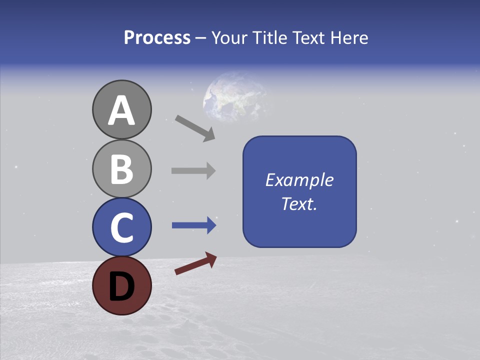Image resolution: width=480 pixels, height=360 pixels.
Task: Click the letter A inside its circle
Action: coord(121,111)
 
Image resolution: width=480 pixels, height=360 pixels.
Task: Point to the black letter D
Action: coord(121,286)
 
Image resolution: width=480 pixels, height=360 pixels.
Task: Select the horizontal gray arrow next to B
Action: coord(193,170)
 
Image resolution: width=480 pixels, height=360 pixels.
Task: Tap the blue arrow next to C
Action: coord(193,225)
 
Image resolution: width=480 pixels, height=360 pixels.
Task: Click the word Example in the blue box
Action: coord(299,180)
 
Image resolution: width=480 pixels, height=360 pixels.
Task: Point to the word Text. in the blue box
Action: coord(299,203)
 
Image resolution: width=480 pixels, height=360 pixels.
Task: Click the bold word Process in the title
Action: coord(157,38)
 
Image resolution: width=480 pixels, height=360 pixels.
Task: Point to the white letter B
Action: coord(121,169)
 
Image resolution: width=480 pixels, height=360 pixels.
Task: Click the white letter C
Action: coord(121,228)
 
